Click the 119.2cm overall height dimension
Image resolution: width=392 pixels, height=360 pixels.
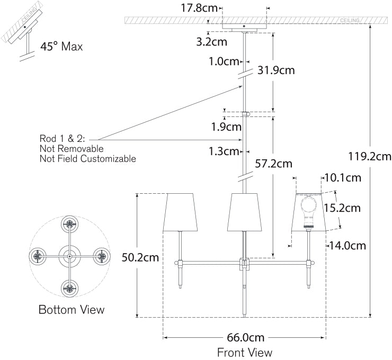(x=370, y=156)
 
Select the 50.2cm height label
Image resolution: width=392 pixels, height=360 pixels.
(x=140, y=258)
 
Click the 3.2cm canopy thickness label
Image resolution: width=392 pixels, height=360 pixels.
(x=211, y=41)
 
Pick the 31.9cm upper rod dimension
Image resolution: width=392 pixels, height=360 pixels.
(x=276, y=70)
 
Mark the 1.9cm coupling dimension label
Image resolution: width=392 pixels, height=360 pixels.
(x=226, y=127)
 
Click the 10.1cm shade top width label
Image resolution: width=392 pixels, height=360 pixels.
(x=342, y=178)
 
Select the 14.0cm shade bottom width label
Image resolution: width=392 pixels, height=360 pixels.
(x=347, y=245)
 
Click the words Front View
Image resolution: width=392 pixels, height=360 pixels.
(x=244, y=352)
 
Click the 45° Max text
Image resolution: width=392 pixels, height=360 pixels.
(x=61, y=47)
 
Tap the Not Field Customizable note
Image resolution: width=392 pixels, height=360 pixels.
(x=87, y=159)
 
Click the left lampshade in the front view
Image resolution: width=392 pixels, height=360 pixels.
(x=180, y=212)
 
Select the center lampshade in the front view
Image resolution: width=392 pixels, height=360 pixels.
(x=244, y=212)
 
